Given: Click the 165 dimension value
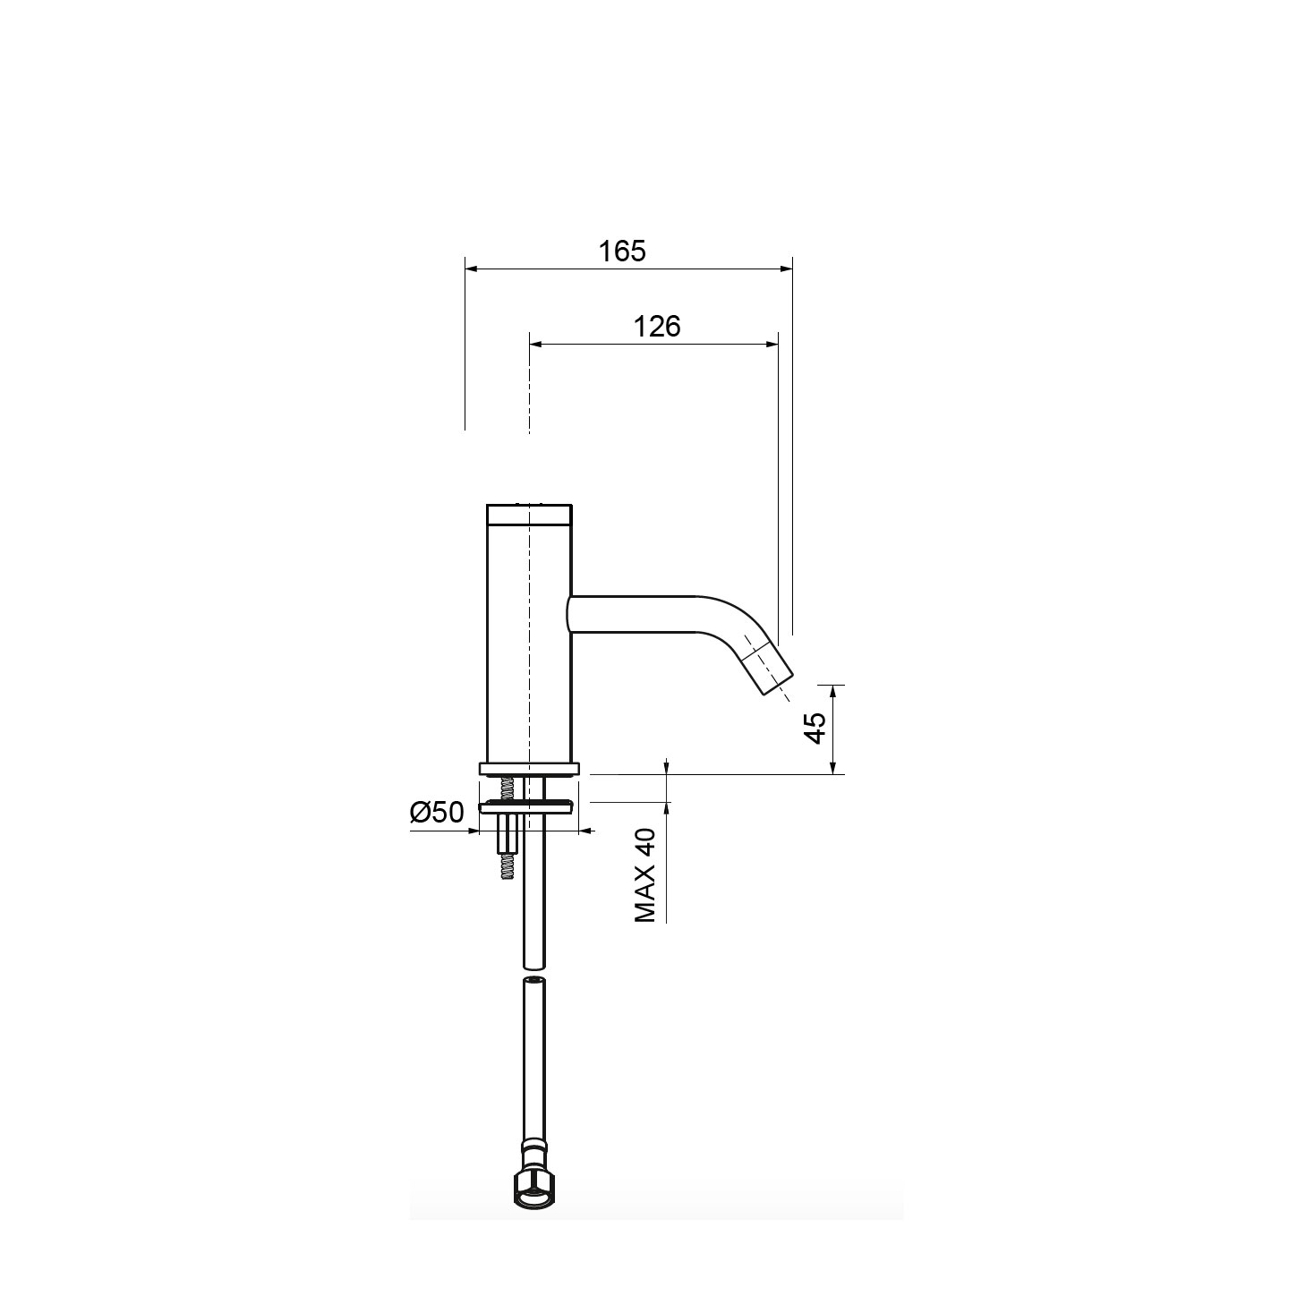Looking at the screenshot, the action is [x=622, y=252].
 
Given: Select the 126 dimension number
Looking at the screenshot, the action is [x=657, y=327].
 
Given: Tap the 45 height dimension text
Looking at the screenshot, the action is [x=815, y=728].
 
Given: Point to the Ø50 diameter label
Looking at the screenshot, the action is [x=437, y=813].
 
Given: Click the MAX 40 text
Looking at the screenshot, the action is [x=644, y=876].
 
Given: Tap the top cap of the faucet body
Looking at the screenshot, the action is [x=529, y=515].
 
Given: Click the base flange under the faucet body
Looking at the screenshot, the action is [x=529, y=769].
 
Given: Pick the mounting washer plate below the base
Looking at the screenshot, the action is [x=529, y=807].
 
